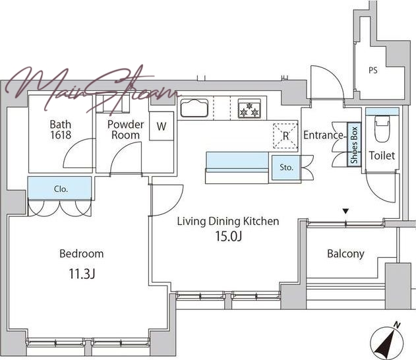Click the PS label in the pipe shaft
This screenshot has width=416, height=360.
(x=372, y=71)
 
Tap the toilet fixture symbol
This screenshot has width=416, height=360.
(x=382, y=129)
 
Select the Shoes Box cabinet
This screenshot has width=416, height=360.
(x=354, y=144)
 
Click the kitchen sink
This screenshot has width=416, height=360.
(x=194, y=108)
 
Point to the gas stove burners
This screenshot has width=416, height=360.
(x=249, y=108)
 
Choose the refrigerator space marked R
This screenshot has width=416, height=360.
(x=285, y=136)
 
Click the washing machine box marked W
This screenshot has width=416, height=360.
(x=162, y=127)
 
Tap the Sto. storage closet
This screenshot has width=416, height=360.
(x=286, y=167)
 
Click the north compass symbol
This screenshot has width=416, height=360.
(x=386, y=340)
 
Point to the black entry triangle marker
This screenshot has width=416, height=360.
(x=345, y=211)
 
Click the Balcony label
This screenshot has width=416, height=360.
(x=345, y=254)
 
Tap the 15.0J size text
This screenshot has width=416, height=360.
(x=228, y=237)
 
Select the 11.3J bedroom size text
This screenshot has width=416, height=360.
(x=82, y=274)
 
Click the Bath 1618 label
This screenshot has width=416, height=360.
(x=61, y=129)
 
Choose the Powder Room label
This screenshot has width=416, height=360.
(x=125, y=129)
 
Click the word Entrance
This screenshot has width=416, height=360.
(x=323, y=135)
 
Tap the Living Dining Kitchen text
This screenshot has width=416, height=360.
(x=228, y=222)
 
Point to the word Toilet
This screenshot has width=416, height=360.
(x=382, y=156)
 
